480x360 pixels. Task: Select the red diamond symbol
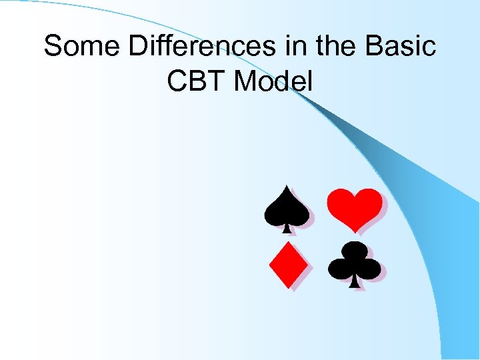(287, 265)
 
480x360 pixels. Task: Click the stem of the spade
(287, 228)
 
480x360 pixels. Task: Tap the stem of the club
(355, 283)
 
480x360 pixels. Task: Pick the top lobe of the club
(354, 251)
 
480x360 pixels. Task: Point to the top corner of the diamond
(287, 242)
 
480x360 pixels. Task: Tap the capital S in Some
(53, 47)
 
